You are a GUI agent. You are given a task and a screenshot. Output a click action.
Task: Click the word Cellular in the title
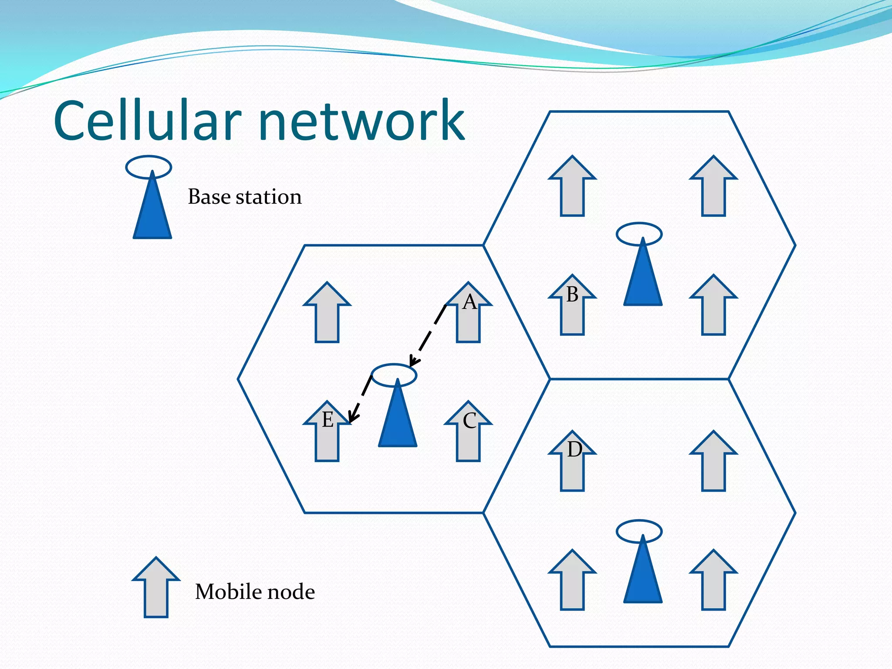[147, 121]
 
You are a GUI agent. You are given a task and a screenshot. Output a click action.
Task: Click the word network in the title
[362, 121]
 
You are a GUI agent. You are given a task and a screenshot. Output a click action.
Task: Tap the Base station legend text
[244, 197]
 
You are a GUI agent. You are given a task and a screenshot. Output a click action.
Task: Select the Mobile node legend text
[255, 592]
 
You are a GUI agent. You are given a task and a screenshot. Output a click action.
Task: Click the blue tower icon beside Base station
[152, 209]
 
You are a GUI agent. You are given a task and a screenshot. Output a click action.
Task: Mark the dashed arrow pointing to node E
[361, 399]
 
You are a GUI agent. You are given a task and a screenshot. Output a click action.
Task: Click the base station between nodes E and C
[397, 418]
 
